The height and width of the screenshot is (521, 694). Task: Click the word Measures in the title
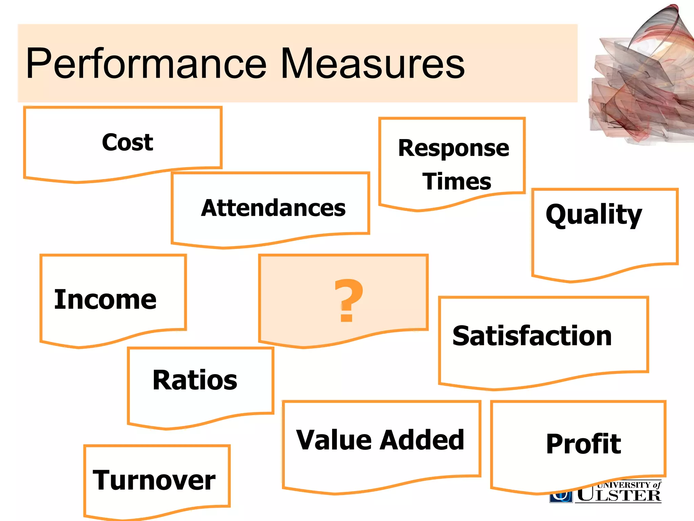pyautogui.click(x=373, y=64)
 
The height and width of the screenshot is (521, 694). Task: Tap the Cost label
pyautogui.click(x=127, y=142)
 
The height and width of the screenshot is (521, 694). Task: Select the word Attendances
pyautogui.click(x=273, y=208)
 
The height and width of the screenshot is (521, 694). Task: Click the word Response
pyautogui.click(x=453, y=149)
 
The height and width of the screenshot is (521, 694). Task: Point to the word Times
pyautogui.click(x=456, y=181)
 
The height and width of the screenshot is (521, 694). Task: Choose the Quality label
pyautogui.click(x=594, y=214)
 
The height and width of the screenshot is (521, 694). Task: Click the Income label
pyautogui.click(x=105, y=300)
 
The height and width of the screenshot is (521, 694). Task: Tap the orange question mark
pyautogui.click(x=348, y=301)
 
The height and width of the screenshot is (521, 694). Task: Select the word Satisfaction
pyautogui.click(x=532, y=336)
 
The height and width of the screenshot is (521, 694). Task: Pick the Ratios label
pyautogui.click(x=195, y=380)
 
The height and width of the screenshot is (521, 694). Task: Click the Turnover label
pyautogui.click(x=154, y=480)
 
